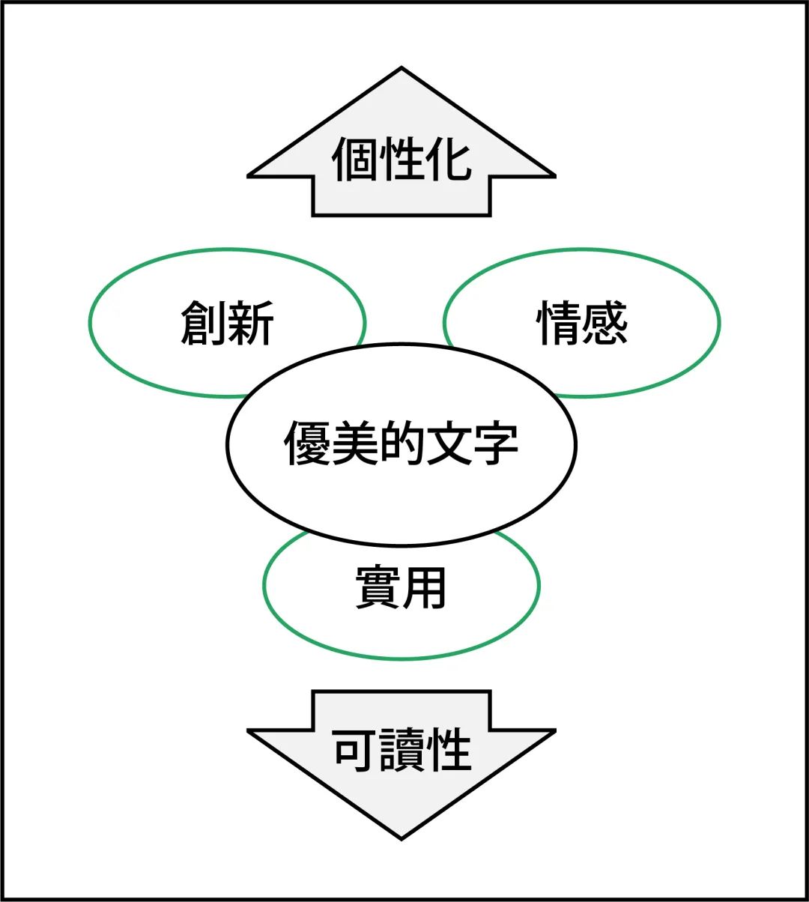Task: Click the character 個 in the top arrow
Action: click(355, 160)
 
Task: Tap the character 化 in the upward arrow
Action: click(448, 160)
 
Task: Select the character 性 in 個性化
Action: click(402, 160)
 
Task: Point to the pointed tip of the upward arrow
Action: click(402, 70)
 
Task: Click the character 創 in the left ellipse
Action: click(204, 323)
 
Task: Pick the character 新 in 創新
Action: click(251, 323)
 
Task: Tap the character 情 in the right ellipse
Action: click(559, 323)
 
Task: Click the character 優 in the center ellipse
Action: click(307, 443)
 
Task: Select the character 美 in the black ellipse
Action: click(354, 443)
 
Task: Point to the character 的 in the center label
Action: click(402, 443)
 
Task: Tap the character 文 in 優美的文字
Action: click(448, 443)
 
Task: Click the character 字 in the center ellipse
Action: click(495, 443)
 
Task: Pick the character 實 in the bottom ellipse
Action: click(378, 588)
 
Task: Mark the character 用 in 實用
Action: click(425, 588)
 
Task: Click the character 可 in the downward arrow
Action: click(355, 749)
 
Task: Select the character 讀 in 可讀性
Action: click(402, 749)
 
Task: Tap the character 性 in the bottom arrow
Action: click(448, 749)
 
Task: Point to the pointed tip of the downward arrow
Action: click(402, 837)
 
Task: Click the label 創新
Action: click(228, 323)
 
